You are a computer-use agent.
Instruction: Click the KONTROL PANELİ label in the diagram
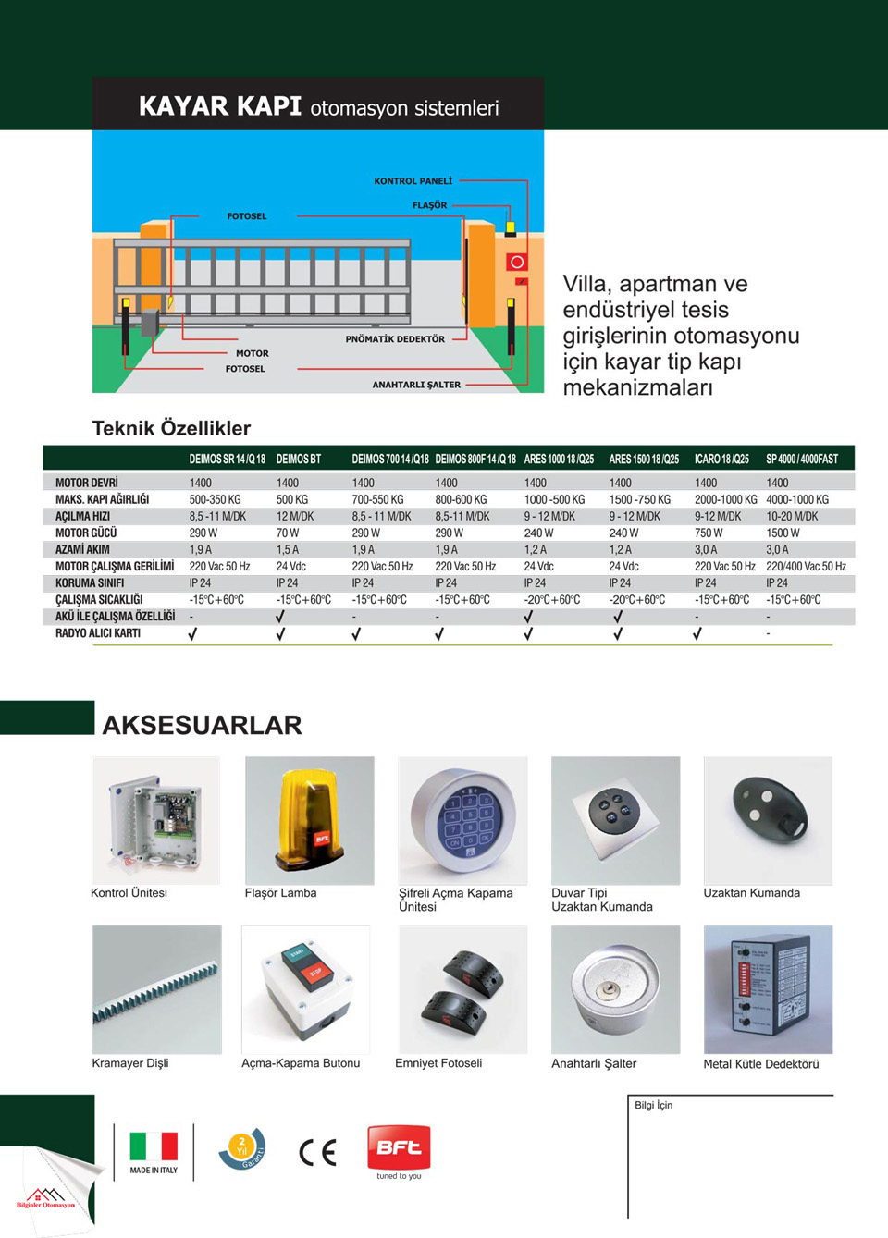pyautogui.click(x=413, y=181)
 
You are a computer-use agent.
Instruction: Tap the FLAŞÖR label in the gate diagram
pyautogui.click(x=429, y=205)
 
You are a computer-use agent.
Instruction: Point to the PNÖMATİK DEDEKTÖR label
pyautogui.click(x=395, y=339)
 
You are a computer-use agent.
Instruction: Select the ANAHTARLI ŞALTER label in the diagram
pyautogui.click(x=416, y=385)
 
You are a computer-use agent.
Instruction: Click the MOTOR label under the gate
pyautogui.click(x=252, y=353)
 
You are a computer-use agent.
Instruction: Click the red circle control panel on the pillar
pyautogui.click(x=516, y=263)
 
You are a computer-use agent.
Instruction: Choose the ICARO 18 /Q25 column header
pyautogui.click(x=721, y=459)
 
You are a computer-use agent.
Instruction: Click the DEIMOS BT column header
pyautogui.click(x=298, y=459)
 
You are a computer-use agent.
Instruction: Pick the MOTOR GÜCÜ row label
pyautogui.click(x=86, y=533)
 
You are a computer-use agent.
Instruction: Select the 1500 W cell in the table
pyautogui.click(x=783, y=533)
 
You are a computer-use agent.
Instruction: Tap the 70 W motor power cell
pyautogui.click(x=288, y=533)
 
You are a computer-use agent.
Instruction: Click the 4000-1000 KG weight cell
pyautogui.click(x=797, y=499)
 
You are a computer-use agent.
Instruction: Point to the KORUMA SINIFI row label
pyautogui.click(x=90, y=582)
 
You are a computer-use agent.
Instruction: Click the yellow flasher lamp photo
pyautogui.click(x=310, y=821)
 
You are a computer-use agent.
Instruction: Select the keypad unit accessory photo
pyautogui.click(x=462, y=821)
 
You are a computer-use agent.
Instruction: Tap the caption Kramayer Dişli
pyautogui.click(x=130, y=1063)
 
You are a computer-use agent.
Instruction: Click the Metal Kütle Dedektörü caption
pyautogui.click(x=760, y=1064)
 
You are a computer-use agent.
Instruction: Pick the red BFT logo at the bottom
pyautogui.click(x=399, y=1147)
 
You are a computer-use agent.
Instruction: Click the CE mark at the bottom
pyautogui.click(x=317, y=1152)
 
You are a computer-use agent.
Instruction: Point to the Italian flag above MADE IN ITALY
pyautogui.click(x=154, y=1146)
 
